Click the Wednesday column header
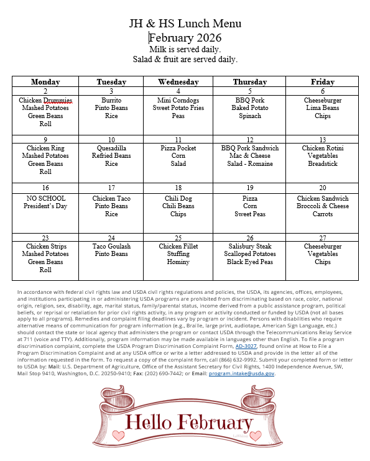178,82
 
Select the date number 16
45,188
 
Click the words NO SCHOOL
45,199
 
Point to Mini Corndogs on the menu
178,100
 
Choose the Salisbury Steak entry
250,247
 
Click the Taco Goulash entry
111,247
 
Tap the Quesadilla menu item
111,148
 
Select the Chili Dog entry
178,199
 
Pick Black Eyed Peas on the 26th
250,262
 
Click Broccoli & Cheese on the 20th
322,206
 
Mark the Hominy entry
178,262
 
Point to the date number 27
322,238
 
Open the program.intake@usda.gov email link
242,373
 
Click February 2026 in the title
185,37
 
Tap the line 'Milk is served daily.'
185,49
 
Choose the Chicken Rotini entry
322,148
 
